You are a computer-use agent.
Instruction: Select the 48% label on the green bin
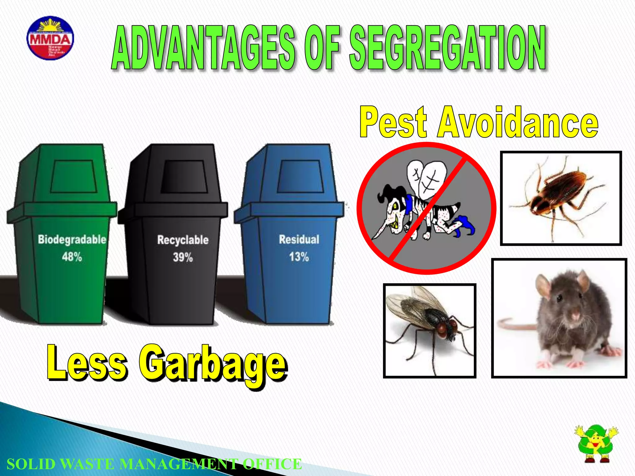(72, 257)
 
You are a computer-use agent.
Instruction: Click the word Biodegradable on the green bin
(72, 240)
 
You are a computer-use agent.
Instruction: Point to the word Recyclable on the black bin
(183, 240)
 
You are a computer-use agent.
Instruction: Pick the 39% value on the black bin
(183, 257)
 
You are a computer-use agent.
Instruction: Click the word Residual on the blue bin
(299, 239)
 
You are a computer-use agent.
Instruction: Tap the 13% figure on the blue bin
(299, 257)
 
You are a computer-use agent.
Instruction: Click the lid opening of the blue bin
(300, 176)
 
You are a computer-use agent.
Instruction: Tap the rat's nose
(575, 316)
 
